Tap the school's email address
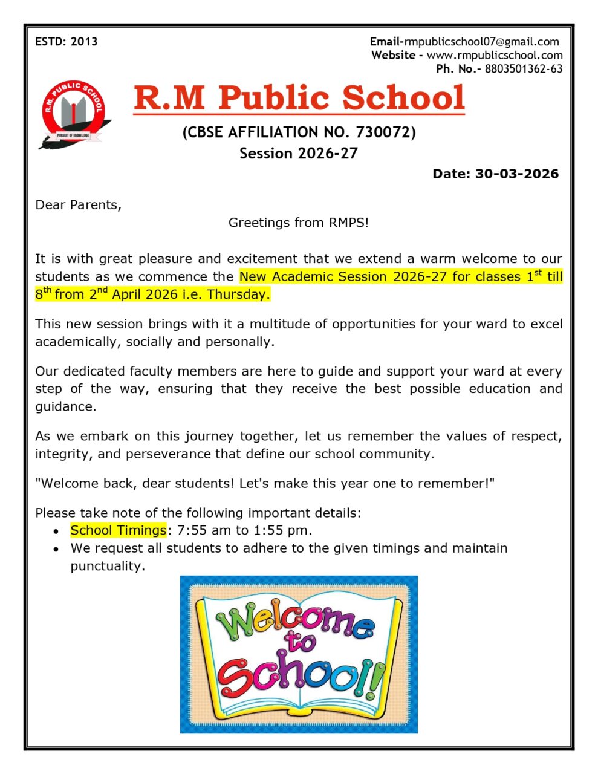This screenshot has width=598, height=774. pyautogui.click(x=481, y=42)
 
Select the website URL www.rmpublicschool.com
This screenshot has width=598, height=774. pyautogui.click(x=495, y=55)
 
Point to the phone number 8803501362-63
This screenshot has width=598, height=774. pyautogui.click(x=524, y=68)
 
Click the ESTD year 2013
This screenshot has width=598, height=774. pyautogui.click(x=84, y=42)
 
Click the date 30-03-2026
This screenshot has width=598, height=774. pyautogui.click(x=517, y=174)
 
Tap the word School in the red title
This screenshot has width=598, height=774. pyautogui.click(x=404, y=97)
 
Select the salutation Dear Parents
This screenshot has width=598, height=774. pyautogui.click(x=78, y=204)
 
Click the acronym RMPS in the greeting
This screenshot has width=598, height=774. pyautogui.click(x=346, y=223)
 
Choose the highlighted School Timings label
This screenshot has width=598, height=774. pyautogui.click(x=118, y=530)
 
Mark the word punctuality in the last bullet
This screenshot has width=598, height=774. pyautogui.click(x=107, y=566)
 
